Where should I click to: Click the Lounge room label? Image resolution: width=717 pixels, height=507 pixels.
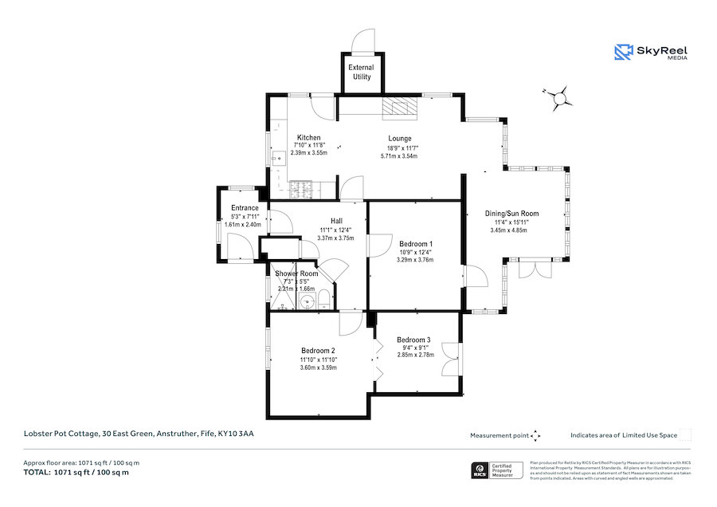tap(400, 138)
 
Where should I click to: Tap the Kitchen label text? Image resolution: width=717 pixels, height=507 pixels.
tap(308, 137)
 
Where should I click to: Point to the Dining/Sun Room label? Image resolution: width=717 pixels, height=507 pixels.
tap(512, 214)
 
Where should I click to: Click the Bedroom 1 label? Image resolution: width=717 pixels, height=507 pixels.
tap(416, 244)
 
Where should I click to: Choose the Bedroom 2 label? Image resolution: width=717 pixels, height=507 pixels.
tap(318, 351)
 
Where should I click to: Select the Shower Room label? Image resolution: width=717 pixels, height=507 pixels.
tap(296, 273)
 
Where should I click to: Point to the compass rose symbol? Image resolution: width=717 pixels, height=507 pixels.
tap(560, 98)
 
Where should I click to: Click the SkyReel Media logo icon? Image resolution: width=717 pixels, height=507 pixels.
tap(623, 53)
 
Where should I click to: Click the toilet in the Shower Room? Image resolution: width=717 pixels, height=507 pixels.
tap(323, 300)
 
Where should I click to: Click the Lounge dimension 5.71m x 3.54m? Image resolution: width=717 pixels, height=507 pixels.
tap(400, 156)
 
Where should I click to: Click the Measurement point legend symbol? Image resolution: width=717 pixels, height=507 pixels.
tap(536, 435)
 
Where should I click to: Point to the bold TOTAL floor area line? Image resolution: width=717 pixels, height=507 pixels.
tap(76, 473)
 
